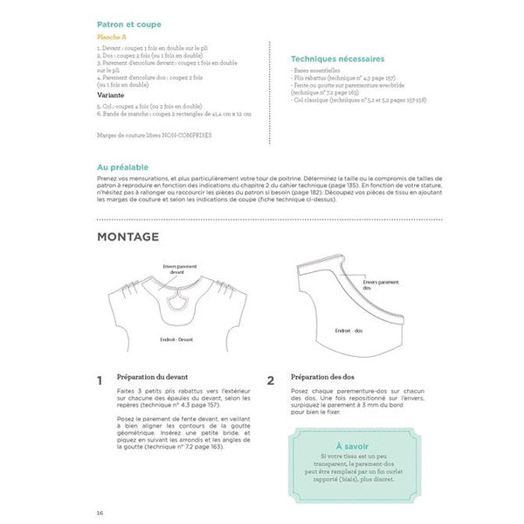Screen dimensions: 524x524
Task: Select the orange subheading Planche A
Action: pyautogui.click(x=111, y=38)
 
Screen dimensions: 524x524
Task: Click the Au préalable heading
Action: pyautogui.click(x=123, y=166)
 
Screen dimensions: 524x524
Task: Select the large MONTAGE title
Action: pyautogui.click(x=128, y=237)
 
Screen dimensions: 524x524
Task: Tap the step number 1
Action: pyautogui.click(x=100, y=381)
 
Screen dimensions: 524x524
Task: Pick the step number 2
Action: pyautogui.click(x=271, y=381)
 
